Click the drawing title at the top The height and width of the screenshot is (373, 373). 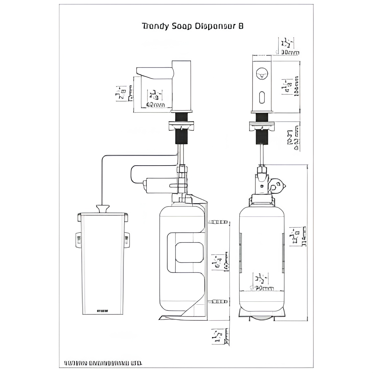[x=192, y=26]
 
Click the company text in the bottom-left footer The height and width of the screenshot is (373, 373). [x=103, y=362]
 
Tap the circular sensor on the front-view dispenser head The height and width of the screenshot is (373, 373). [x=262, y=73]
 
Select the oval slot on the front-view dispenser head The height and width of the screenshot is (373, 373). [x=262, y=97]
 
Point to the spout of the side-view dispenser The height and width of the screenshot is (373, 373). [x=155, y=72]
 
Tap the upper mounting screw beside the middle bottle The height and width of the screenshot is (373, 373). [x=218, y=222]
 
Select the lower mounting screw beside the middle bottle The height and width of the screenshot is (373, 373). [x=218, y=302]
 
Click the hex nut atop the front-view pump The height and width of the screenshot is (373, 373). [x=262, y=171]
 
